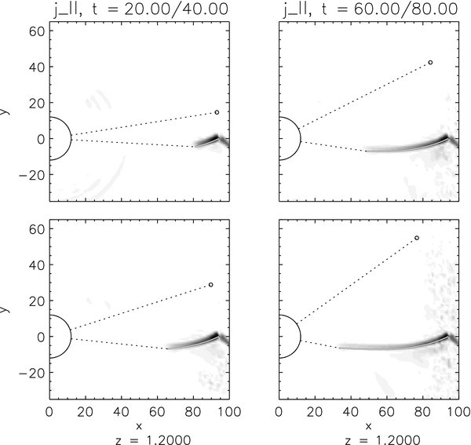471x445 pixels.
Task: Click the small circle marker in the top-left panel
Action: (217, 112)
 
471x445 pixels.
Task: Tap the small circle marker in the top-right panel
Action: (430, 62)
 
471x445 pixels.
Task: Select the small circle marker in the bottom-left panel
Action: (211, 285)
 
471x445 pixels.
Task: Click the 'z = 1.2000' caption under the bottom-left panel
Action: (138, 438)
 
